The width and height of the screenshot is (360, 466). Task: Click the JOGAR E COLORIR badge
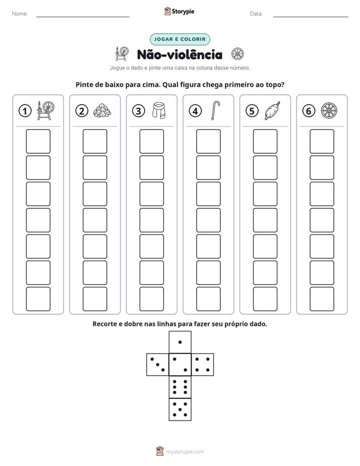click(x=179, y=39)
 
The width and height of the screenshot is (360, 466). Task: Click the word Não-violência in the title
click(x=179, y=54)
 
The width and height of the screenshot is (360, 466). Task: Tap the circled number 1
click(x=25, y=111)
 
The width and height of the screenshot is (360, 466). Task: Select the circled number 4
click(x=195, y=111)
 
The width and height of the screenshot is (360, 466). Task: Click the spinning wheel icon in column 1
click(x=46, y=110)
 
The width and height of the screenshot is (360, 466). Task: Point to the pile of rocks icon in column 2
click(x=102, y=110)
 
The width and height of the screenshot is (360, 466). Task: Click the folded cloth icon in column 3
click(x=159, y=110)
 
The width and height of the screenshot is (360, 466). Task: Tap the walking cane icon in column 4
click(x=215, y=110)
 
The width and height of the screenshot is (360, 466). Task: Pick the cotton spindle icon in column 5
click(x=272, y=110)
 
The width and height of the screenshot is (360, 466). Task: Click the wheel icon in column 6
click(x=329, y=110)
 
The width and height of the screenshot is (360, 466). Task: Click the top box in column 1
click(x=38, y=141)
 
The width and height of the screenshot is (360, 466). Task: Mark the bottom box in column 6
click(x=322, y=299)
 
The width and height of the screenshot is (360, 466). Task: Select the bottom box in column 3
click(x=151, y=299)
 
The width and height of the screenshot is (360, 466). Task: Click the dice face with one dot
click(x=180, y=342)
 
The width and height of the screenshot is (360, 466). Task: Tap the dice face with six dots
click(x=180, y=387)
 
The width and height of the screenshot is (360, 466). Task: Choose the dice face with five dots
click(x=180, y=410)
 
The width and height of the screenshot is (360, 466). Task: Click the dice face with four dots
click(x=203, y=365)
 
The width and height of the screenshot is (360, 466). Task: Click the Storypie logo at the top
click(x=179, y=11)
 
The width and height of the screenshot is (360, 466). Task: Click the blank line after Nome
click(x=83, y=17)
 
